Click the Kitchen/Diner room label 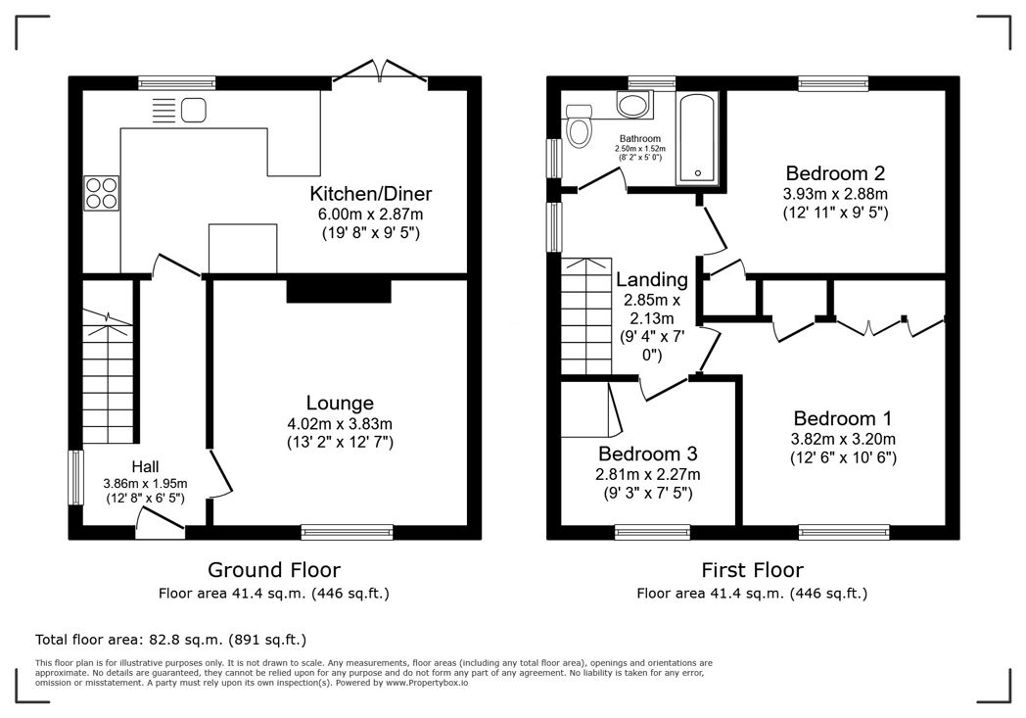(x=371, y=193)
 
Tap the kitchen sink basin (x=193, y=110)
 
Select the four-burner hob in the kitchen (x=102, y=192)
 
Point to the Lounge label (x=340, y=403)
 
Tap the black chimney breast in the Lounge (x=339, y=291)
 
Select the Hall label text (x=146, y=466)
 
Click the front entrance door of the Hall (x=160, y=529)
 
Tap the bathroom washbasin (x=634, y=105)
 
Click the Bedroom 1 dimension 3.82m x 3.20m (x=843, y=439)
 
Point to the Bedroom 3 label (x=648, y=455)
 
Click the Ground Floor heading (x=274, y=569)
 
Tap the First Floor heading (x=752, y=569)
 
